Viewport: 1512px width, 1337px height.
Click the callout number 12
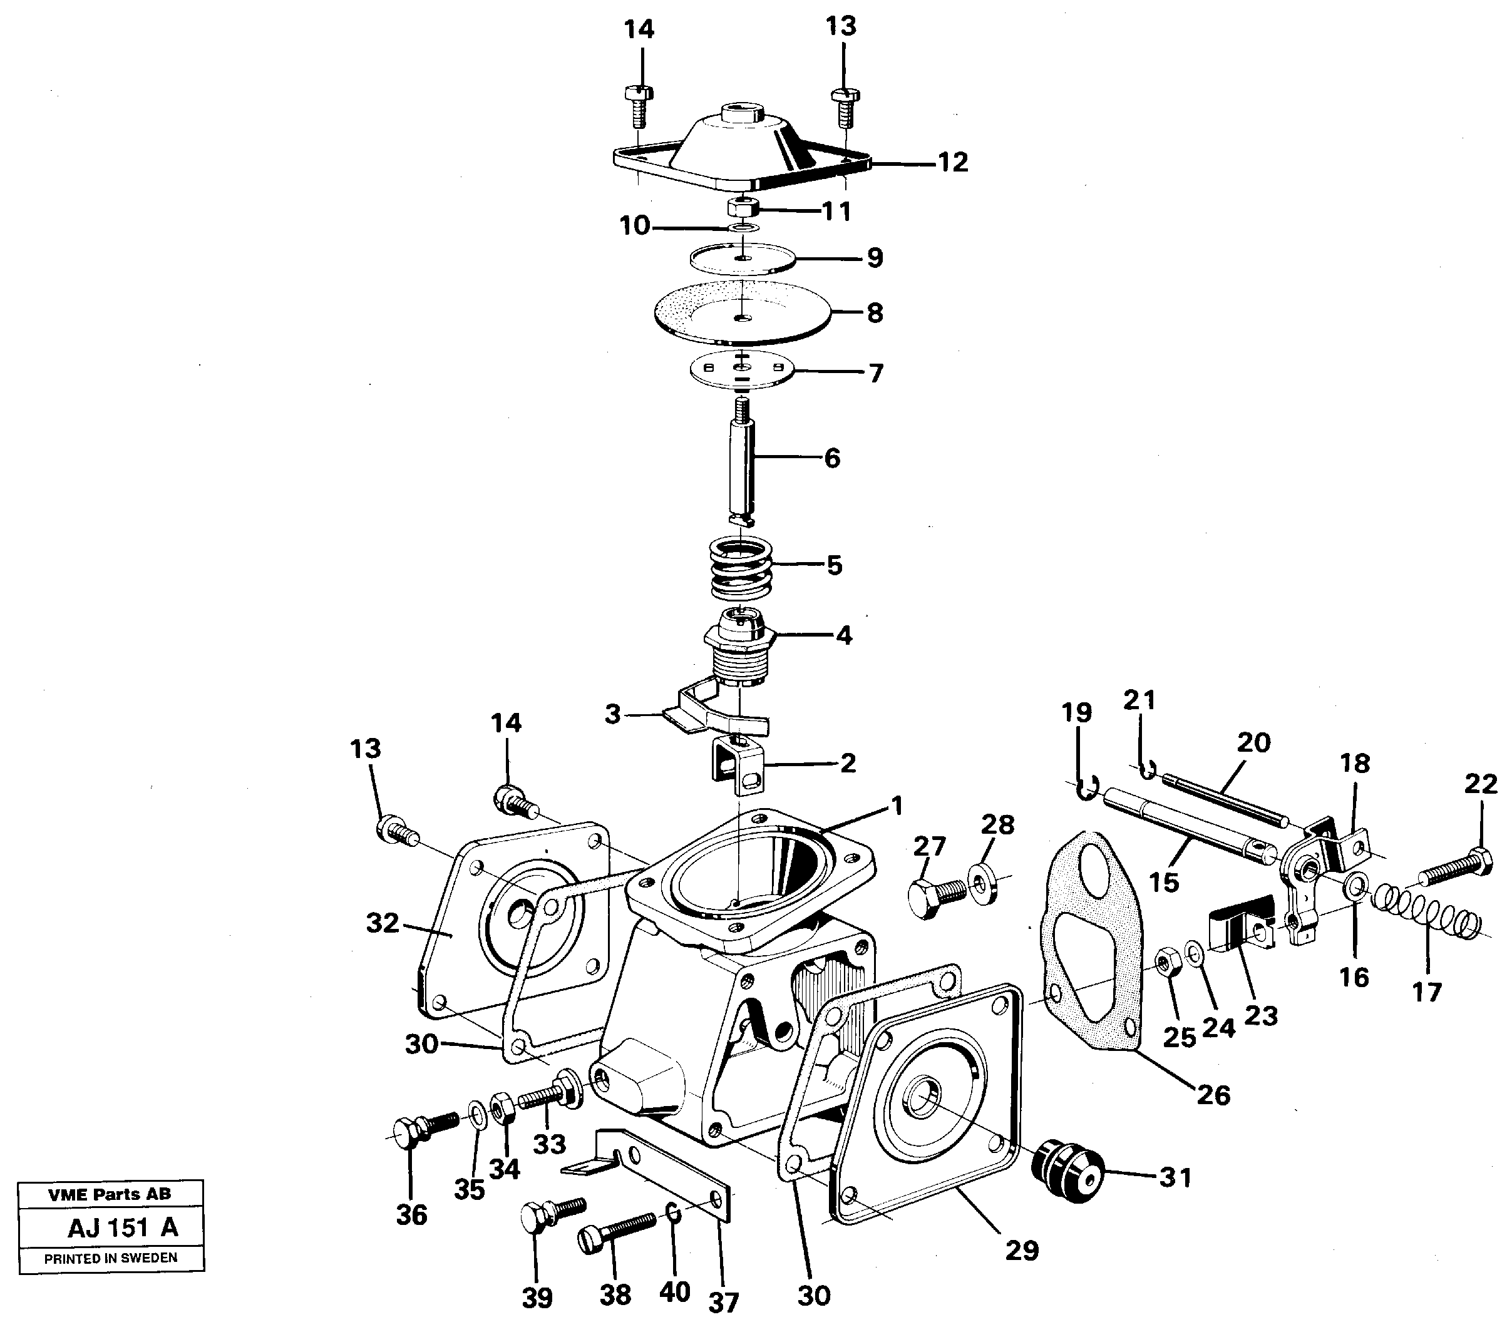pyautogui.click(x=953, y=163)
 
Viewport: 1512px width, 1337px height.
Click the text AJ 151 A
pyautogui.click(x=122, y=1228)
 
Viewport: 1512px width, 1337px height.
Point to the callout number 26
pyautogui.click(x=1213, y=1094)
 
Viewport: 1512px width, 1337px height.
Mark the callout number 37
pyautogui.click(x=724, y=1302)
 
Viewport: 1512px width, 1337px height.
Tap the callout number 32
pyautogui.click(x=383, y=923)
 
